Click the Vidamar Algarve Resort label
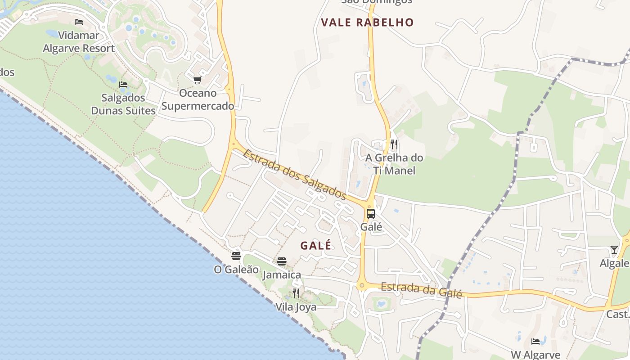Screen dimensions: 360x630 tap(79, 42)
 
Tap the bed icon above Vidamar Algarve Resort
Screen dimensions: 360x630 tap(79, 22)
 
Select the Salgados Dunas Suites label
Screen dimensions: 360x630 tap(123, 104)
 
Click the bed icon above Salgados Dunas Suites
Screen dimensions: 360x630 tap(123, 84)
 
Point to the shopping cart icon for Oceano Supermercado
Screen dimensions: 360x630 tap(197, 80)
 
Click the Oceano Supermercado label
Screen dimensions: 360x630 tap(198, 99)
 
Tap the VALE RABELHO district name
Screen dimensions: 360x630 tap(367, 22)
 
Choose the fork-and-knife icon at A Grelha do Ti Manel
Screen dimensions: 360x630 tap(394, 144)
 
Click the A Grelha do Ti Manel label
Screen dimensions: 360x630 tap(394, 164)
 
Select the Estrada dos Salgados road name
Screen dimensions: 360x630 tap(295, 175)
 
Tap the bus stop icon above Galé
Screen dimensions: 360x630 tap(371, 214)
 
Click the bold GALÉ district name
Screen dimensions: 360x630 tap(316, 246)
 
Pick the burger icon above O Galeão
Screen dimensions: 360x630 tap(236, 256)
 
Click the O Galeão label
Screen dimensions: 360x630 tap(236, 270)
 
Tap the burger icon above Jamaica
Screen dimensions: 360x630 tap(282, 261)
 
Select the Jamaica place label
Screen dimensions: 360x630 tap(282, 275)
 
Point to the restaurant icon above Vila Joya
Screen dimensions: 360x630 tap(296, 293)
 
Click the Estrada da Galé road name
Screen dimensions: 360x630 tap(421, 290)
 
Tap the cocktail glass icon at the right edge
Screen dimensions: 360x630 tap(614, 250)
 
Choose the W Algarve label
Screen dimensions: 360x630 tap(535, 355)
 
